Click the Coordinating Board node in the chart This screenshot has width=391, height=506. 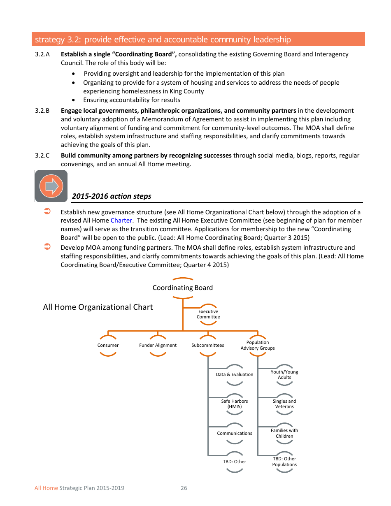[183, 288]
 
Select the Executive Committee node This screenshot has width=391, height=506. [208, 314]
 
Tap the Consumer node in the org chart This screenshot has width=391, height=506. [108, 346]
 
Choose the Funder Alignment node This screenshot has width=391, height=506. [158, 346]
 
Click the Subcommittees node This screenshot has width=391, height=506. [208, 346]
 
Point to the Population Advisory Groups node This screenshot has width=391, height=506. [258, 346]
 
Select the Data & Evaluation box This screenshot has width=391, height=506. [235, 375]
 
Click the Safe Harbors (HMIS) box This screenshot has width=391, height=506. [235, 404]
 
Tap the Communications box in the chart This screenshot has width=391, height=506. [235, 433]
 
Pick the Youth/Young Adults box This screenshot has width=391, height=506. [284, 375]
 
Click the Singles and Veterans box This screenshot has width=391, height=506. [284, 404]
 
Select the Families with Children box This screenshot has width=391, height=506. [284, 433]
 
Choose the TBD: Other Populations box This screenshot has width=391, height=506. [284, 462]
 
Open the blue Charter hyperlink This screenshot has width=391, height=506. [121, 221]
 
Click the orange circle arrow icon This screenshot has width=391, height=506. [51, 186]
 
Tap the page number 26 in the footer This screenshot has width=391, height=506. [184, 488]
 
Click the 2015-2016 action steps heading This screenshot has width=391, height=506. [112, 196]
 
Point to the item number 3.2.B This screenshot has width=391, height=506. [42, 111]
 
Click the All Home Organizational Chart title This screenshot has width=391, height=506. [98, 307]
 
